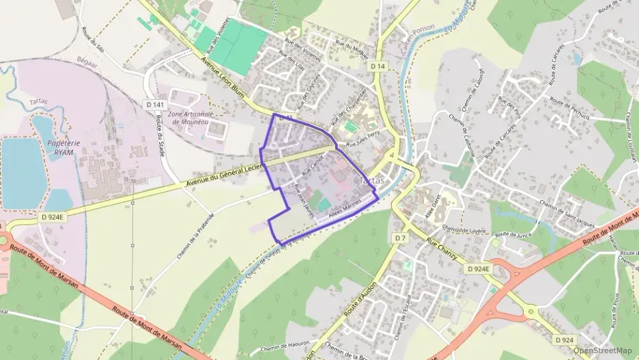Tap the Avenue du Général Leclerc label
tap(225, 174)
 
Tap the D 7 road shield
tap(400, 237)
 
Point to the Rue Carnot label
tap(311, 163)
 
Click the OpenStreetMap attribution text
tap(602, 350)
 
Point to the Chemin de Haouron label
tap(285, 347)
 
